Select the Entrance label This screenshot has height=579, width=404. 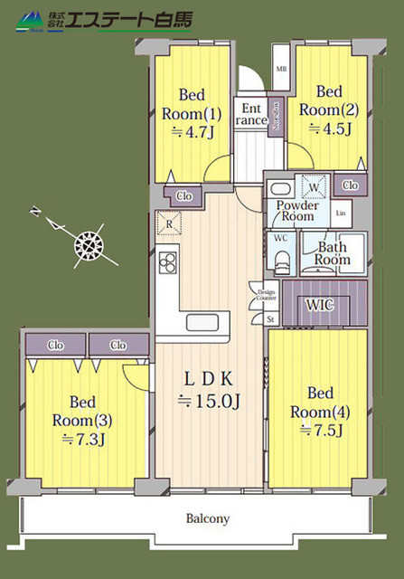252,114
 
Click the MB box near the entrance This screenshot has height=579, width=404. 281,69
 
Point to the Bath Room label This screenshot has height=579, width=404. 332,252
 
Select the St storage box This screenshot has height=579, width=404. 269,318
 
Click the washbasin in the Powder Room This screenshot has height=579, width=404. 279,191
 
